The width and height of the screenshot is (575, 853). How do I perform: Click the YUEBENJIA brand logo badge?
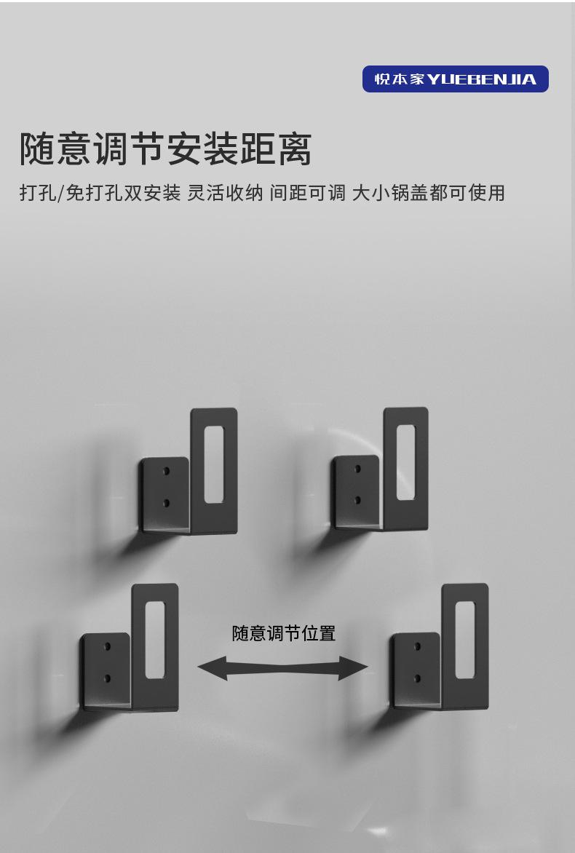click(x=455, y=79)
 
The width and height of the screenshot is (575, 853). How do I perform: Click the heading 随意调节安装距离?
click(x=166, y=149)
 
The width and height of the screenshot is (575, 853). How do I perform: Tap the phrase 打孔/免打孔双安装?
click(x=100, y=193)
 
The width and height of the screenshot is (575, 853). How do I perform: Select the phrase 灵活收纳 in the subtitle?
click(x=225, y=193)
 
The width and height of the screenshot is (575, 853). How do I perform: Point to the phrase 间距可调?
click(x=307, y=193)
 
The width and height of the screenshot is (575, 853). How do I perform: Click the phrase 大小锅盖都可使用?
click(x=428, y=193)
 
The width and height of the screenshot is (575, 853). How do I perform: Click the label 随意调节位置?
click(x=284, y=633)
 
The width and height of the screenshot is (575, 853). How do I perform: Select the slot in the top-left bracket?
click(x=213, y=464)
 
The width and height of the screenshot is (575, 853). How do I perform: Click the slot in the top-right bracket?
click(x=405, y=462)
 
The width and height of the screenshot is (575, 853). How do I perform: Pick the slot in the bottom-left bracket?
click(x=154, y=640)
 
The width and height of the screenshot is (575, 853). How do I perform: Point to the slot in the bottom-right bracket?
click(x=464, y=640)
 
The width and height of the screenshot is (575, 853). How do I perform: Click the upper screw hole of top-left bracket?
click(x=166, y=472)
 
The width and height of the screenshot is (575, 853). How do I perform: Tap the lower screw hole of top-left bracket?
click(x=166, y=502)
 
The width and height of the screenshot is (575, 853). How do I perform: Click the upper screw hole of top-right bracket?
click(x=357, y=469)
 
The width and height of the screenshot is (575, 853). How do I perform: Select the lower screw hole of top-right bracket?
click(x=357, y=500)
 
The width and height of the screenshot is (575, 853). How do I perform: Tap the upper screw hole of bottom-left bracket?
click(x=107, y=646)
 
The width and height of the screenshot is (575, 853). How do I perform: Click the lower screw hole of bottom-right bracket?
click(x=417, y=678)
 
